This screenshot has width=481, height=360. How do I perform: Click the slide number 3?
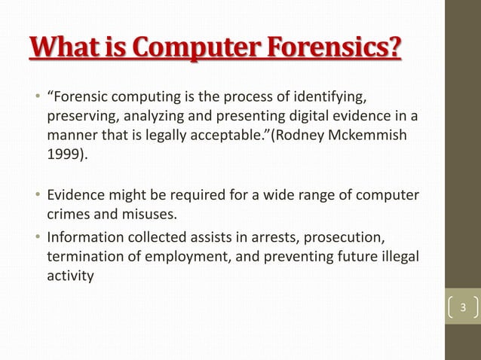464,307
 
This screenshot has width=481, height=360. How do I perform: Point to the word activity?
71,276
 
